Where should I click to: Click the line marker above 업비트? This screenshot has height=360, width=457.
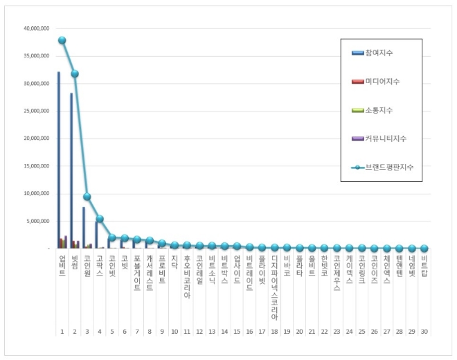point(62,40)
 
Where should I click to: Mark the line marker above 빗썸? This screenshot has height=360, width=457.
point(75,73)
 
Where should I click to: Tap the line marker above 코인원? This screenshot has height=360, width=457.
point(87,197)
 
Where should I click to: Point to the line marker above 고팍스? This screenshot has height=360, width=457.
point(100,219)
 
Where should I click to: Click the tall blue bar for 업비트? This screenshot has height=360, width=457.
point(59,159)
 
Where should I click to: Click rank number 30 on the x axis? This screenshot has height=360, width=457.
point(424,332)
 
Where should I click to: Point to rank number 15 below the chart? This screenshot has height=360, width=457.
point(237,332)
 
